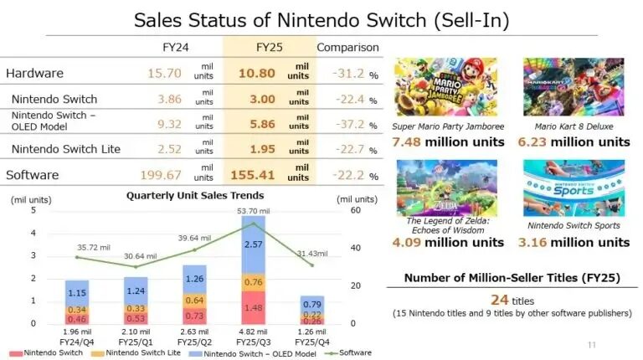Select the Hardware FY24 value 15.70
[162, 74]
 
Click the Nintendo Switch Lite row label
[65, 150]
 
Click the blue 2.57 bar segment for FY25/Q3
[254, 245]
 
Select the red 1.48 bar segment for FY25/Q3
[254, 307]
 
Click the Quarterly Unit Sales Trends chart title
[194, 196]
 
